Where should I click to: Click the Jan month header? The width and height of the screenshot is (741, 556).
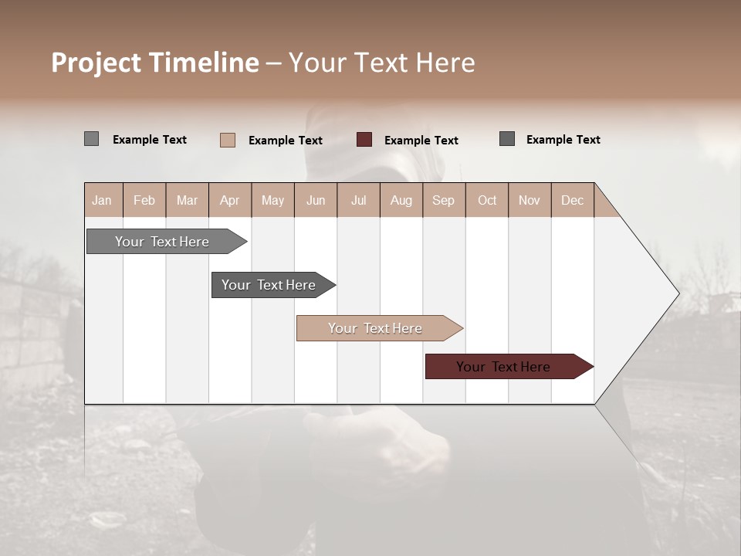click(x=103, y=200)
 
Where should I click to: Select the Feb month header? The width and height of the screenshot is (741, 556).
click(x=144, y=200)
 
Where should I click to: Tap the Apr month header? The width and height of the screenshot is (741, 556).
click(x=230, y=200)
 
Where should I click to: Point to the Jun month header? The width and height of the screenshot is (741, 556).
click(x=316, y=200)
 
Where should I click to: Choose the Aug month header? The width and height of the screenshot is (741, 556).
click(x=401, y=200)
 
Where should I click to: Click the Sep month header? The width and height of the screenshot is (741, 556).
click(x=444, y=200)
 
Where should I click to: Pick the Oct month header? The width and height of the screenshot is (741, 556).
click(x=487, y=200)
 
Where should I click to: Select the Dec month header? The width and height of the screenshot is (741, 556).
click(x=573, y=200)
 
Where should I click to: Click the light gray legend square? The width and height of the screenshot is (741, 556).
click(x=91, y=139)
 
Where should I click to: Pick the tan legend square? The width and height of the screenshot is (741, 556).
click(x=227, y=140)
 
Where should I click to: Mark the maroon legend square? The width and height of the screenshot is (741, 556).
click(x=364, y=140)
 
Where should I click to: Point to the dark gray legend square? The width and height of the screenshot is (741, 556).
click(x=506, y=139)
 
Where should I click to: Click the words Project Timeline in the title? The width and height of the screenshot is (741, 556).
click(x=155, y=63)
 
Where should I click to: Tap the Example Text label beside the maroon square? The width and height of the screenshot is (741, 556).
click(x=421, y=141)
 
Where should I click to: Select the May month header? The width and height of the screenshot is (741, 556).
click(x=272, y=200)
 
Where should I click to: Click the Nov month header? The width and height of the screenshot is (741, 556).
click(x=530, y=200)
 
